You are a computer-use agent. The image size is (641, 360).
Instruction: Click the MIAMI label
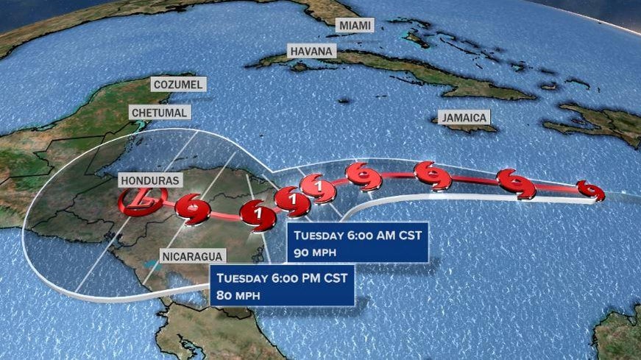pos(355,25)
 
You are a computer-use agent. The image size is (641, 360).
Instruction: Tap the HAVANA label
pos(312,51)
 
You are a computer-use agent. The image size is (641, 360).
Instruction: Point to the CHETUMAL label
pos(160,112)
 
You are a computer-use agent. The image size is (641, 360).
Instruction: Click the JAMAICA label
pos(464,117)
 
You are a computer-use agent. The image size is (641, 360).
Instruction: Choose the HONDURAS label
pos(151,180)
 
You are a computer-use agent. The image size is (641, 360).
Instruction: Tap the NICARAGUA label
pos(194,256)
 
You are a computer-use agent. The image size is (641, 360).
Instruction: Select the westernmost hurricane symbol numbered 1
pos(258,214)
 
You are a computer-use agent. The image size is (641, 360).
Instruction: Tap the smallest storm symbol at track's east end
pos(589,190)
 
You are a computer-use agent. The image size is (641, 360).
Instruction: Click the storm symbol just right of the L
pos(194,208)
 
